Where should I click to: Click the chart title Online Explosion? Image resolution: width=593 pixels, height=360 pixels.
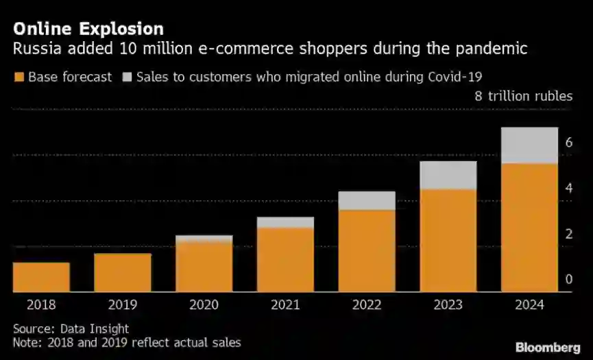[88, 29]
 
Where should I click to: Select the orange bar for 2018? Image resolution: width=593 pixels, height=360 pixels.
[41, 277]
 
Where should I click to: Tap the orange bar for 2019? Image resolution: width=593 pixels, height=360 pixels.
[123, 273]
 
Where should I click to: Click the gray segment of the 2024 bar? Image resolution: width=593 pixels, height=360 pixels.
[529, 145]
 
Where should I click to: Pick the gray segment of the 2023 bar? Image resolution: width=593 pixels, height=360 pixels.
[448, 175]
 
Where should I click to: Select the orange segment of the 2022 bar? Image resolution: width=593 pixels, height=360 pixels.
[367, 250]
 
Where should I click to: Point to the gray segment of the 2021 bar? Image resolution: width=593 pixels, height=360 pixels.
[285, 222]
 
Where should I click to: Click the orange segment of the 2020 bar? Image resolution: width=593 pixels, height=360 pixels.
[204, 267]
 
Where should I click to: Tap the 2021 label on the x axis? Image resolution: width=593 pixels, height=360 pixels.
[285, 305]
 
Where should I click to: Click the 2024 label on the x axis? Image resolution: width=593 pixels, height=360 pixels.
[529, 305]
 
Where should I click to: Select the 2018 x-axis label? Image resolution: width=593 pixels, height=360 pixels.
[41, 305]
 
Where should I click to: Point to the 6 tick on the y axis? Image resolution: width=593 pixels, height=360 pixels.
[568, 143]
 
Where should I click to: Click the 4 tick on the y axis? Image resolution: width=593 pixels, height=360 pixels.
[568, 189]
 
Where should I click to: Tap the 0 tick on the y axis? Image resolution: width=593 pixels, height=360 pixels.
[568, 280]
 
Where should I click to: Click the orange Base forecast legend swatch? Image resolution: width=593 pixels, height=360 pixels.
[19, 77]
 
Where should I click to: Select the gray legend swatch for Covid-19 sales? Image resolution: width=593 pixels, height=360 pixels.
[126, 77]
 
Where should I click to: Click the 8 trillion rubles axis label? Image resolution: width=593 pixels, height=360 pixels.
[524, 96]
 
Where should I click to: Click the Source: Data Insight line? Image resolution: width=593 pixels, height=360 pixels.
[71, 329]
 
